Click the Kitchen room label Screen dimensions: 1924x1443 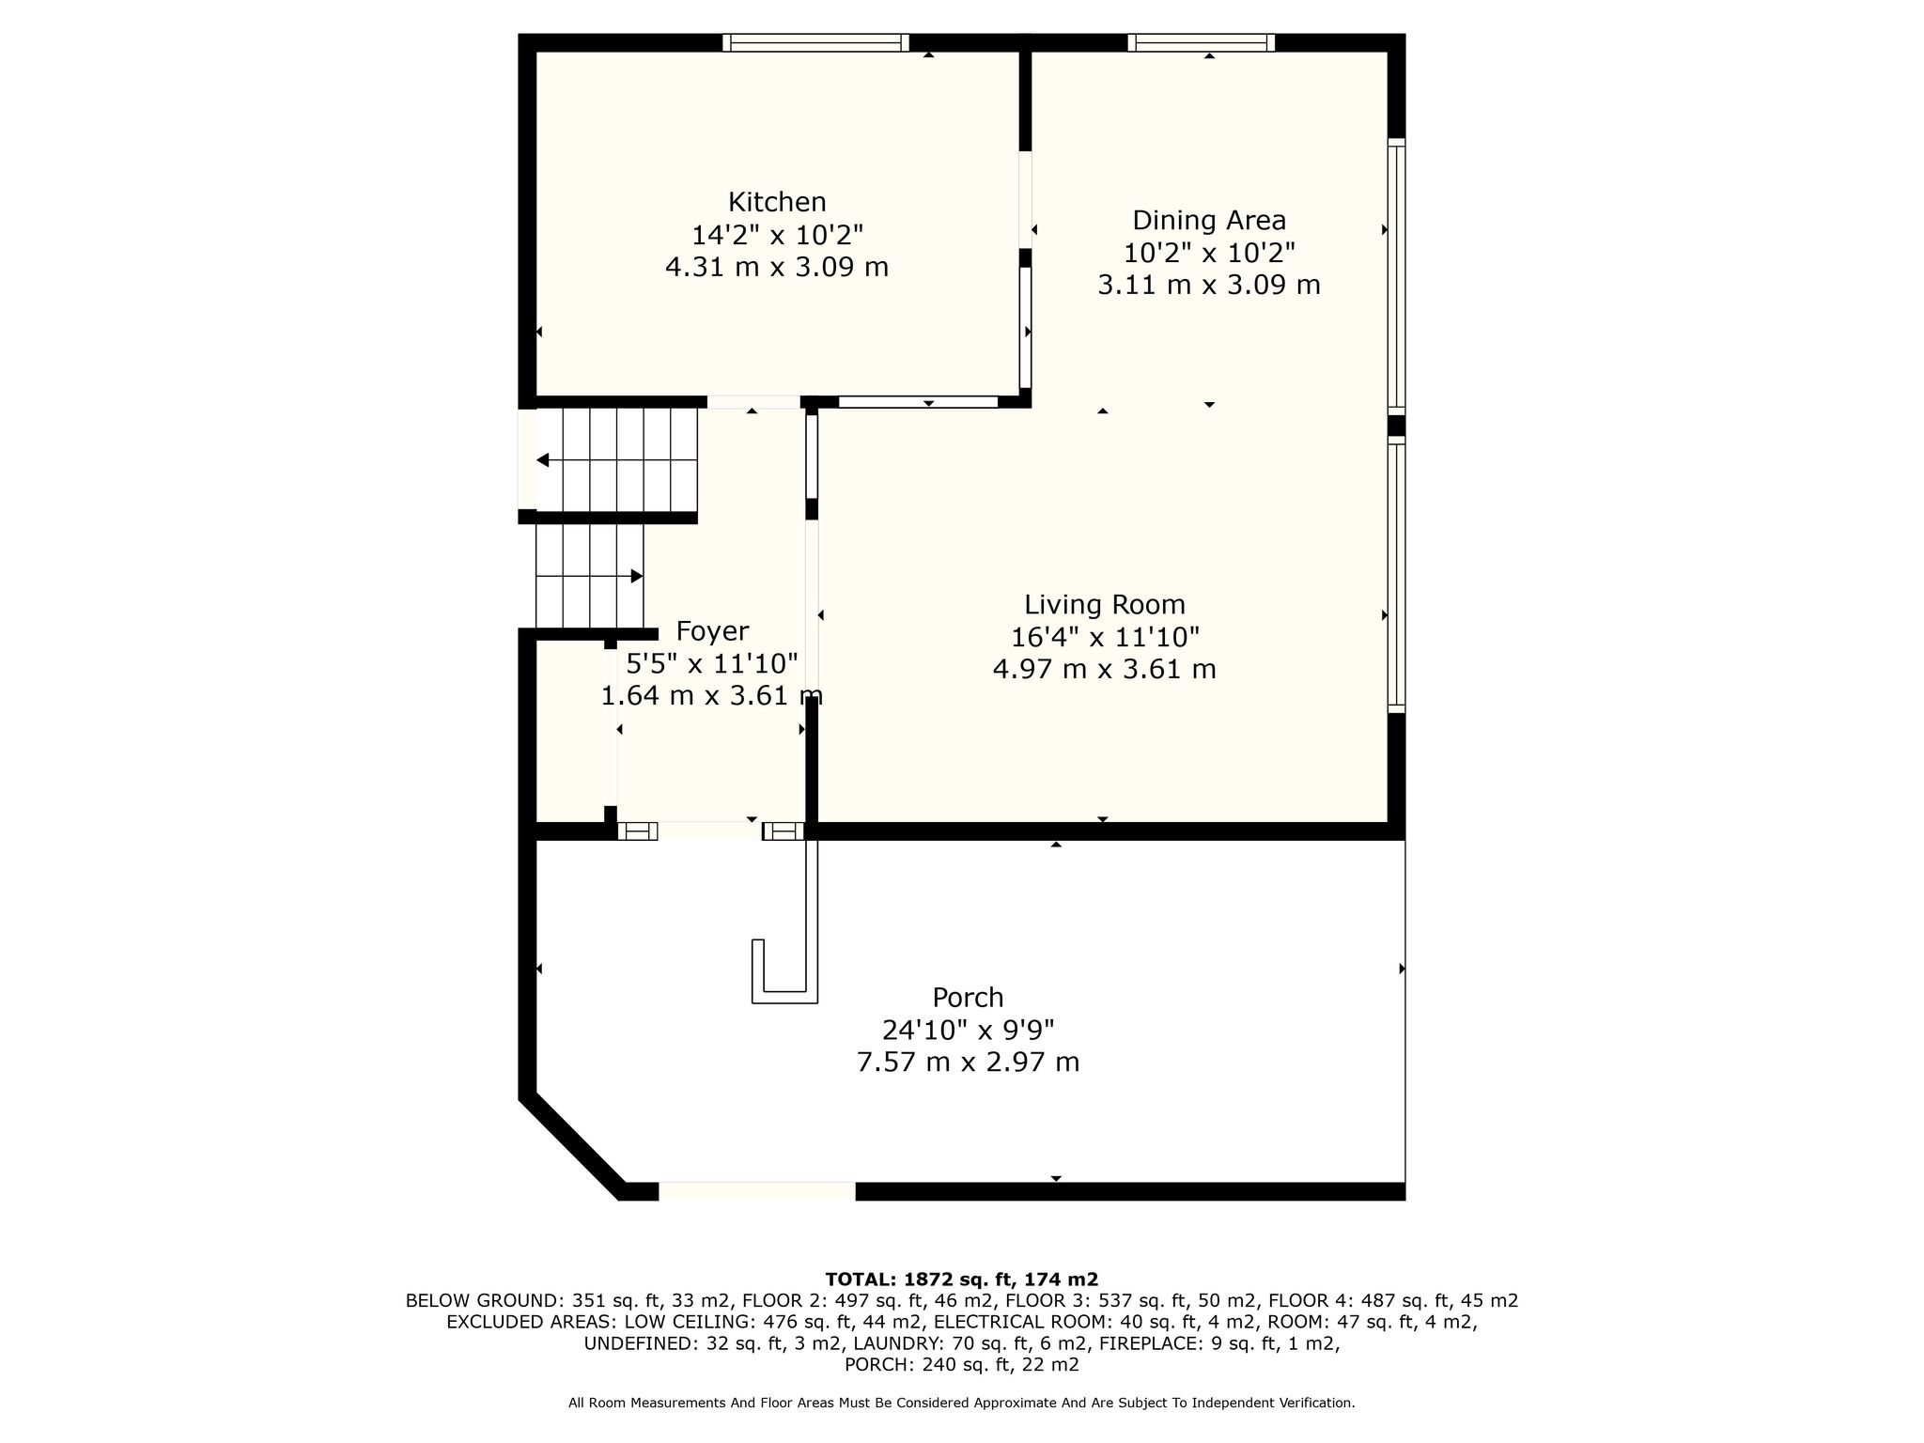coord(777,202)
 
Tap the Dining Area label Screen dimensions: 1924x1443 coord(1209,221)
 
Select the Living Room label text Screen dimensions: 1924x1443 coord(1104,605)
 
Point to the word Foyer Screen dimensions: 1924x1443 coord(712,631)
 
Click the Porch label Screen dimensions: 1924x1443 coord(968,998)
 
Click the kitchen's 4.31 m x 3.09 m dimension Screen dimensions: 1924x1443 coord(777,268)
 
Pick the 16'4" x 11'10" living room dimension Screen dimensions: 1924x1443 coord(1105,638)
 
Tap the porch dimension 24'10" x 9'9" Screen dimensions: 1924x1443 coord(968,1031)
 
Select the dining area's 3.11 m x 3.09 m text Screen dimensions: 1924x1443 coord(1209,285)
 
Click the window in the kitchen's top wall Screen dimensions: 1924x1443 coord(815,42)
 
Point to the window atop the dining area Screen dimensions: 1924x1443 coord(1201,42)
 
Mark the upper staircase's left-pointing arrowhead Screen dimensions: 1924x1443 coord(542,460)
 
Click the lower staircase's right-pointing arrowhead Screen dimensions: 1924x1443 coord(637,576)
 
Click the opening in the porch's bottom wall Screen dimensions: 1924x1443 coord(757,1191)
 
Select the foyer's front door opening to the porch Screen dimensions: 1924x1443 coord(709,830)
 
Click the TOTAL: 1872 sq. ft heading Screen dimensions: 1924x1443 coord(961,1279)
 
